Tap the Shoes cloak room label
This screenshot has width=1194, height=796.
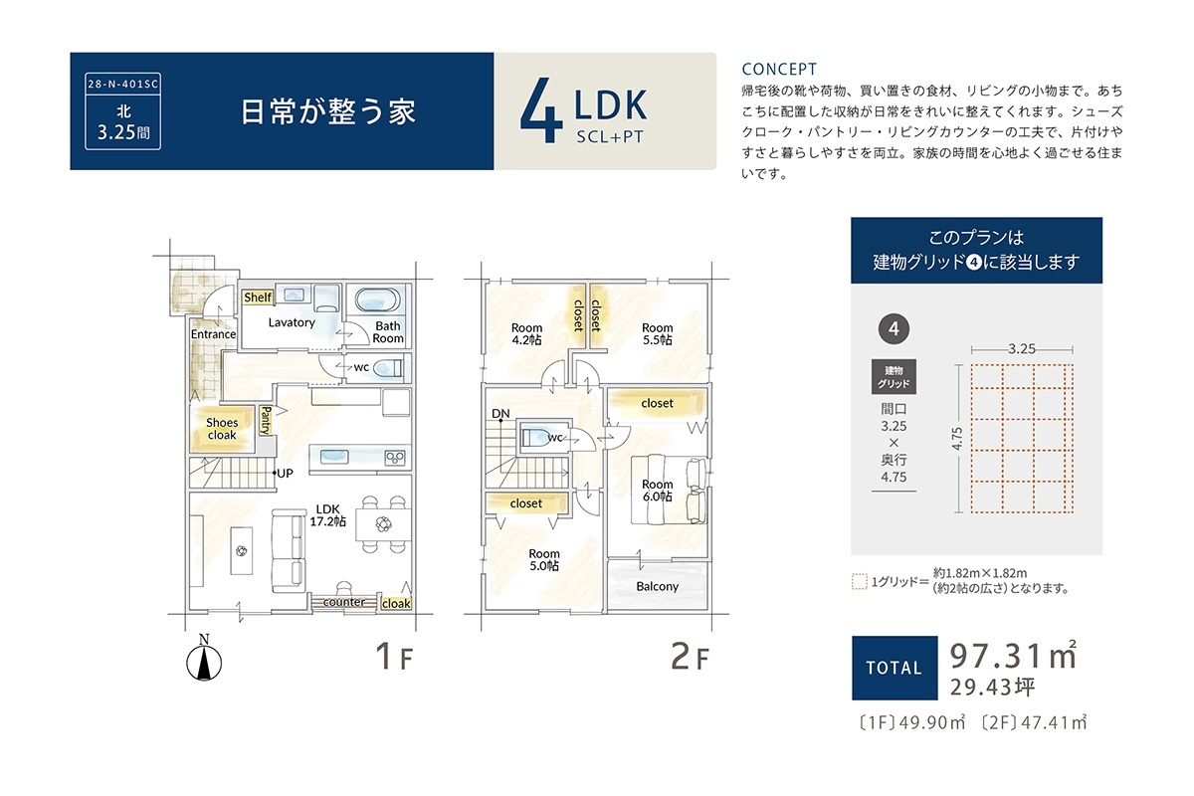pos(222,429)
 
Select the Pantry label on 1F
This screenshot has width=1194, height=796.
pos(266,421)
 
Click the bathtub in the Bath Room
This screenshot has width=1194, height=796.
pos(377,300)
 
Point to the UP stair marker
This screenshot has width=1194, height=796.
pos(283,473)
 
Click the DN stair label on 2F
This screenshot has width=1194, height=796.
pos(500,414)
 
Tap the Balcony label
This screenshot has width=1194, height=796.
pos(658,586)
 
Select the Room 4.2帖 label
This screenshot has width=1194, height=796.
pos(526,333)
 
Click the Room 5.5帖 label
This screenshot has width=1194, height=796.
pos(658,333)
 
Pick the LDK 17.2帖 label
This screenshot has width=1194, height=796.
pos(327,515)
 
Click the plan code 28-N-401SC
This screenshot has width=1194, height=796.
pos(122,85)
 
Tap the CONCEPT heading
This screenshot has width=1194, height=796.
pos(779,70)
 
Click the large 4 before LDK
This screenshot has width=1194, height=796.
pos(541,110)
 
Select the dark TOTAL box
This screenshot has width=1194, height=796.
pos(895,668)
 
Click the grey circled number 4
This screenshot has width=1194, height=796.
pos(894,329)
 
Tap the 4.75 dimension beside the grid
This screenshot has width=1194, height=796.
pos(957,438)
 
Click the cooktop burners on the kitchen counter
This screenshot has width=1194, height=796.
pos(395,458)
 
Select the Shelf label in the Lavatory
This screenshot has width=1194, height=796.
pos(258,298)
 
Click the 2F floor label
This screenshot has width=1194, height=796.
pos(690,657)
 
